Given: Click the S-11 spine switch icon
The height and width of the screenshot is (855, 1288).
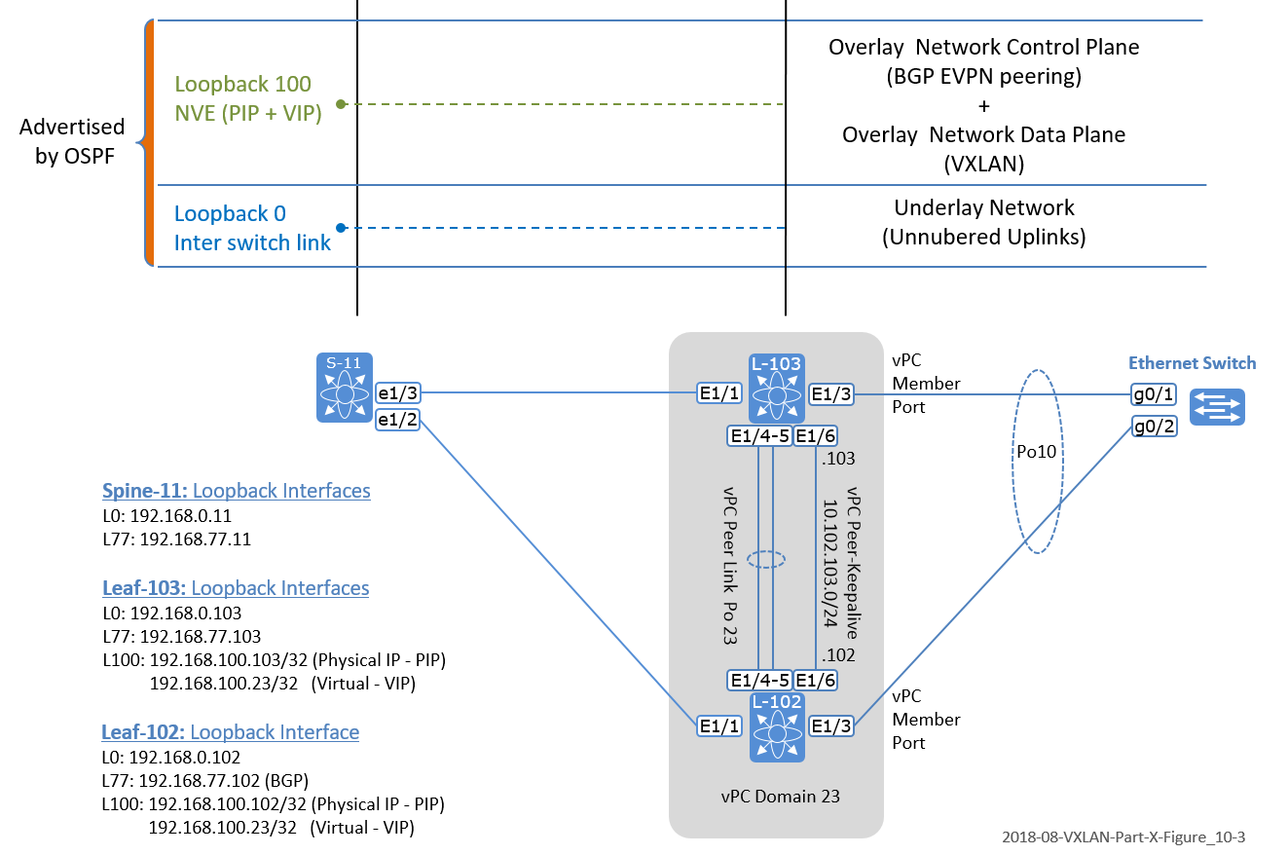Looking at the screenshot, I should click(345, 389).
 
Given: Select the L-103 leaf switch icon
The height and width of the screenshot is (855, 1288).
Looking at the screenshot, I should click(776, 390).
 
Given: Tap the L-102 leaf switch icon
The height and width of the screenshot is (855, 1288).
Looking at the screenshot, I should click(776, 726).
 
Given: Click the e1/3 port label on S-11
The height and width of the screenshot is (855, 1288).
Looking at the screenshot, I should click(399, 393).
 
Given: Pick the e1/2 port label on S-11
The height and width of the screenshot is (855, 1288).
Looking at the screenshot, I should click(399, 419).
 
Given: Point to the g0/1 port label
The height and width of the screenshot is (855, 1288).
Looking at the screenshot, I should click(1154, 394).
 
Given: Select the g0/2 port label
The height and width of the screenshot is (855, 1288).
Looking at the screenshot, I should click(1154, 426).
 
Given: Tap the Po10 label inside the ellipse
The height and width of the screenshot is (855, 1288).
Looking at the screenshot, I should click(1038, 453).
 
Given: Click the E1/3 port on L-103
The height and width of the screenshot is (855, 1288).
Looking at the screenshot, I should click(833, 394).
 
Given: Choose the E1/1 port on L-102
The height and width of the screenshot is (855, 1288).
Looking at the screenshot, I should click(720, 725).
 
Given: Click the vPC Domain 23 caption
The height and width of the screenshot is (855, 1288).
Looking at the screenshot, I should click(776, 796).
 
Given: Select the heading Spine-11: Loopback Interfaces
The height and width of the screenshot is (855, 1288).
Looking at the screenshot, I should click(237, 490).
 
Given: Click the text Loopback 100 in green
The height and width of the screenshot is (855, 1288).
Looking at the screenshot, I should click(243, 85).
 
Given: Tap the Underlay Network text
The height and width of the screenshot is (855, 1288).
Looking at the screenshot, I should click(983, 207).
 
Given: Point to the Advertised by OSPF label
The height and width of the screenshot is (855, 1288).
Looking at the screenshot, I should click(73, 141).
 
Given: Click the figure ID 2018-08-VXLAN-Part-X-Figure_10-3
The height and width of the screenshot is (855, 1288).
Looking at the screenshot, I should click(1123, 836).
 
